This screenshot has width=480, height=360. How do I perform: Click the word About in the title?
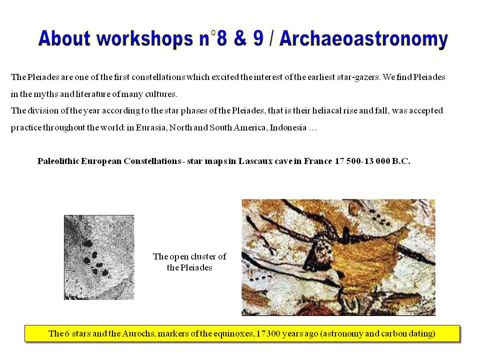[x=64, y=38]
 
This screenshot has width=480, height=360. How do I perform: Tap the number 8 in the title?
[x=221, y=38]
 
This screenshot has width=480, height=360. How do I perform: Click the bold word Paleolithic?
[x=59, y=161]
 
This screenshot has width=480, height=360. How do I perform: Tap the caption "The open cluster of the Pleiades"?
[x=189, y=262]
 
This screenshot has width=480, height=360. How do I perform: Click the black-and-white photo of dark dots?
[x=99, y=257]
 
